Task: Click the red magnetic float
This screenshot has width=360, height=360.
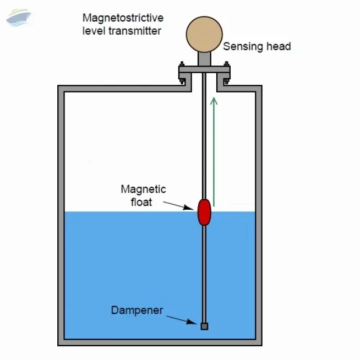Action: pyautogui.click(x=204, y=212)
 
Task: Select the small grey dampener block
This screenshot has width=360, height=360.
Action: pyautogui.click(x=204, y=326)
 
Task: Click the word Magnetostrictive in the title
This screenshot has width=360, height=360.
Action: pyautogui.click(x=122, y=18)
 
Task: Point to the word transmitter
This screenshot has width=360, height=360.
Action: pyautogui.click(x=135, y=31)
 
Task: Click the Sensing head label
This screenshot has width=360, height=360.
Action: pyautogui.click(x=257, y=47)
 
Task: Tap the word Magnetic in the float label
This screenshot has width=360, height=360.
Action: pyautogui.click(x=143, y=189)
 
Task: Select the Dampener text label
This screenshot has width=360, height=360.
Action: pyautogui.click(x=137, y=310)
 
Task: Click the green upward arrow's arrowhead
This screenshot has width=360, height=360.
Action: pyautogui.click(x=214, y=100)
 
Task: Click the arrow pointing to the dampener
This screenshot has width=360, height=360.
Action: pyautogui.click(x=182, y=320)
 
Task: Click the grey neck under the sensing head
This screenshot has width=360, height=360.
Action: pyautogui.click(x=204, y=58)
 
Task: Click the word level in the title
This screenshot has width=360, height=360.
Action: pyautogui.click(x=94, y=31)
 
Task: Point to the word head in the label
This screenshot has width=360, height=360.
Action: pyautogui.click(x=278, y=47)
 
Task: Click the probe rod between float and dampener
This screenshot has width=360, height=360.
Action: pyautogui.click(x=204, y=270)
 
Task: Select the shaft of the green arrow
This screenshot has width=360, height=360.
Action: pyautogui.click(x=214, y=154)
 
